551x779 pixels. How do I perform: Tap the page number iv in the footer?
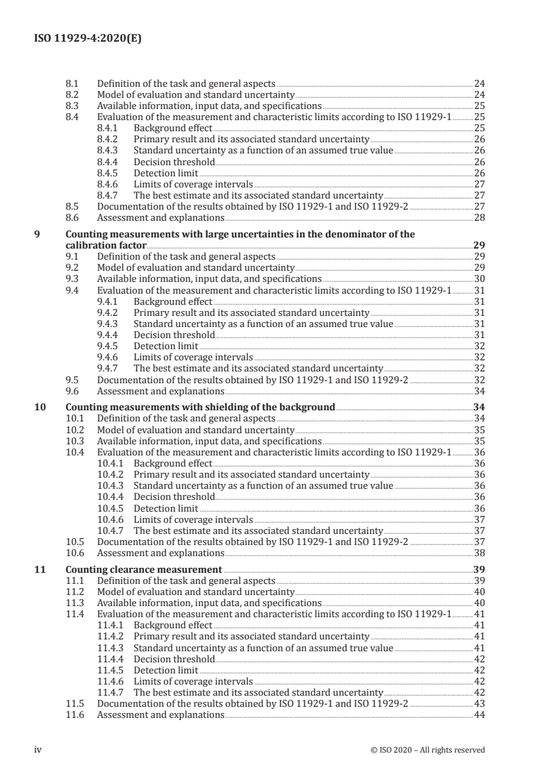pos(38,749)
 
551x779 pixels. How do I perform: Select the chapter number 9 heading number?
pos(38,235)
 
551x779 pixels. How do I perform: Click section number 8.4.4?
pos(107,162)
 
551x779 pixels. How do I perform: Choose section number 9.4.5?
pos(107,346)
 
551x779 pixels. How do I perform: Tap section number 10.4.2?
pos(110,474)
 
